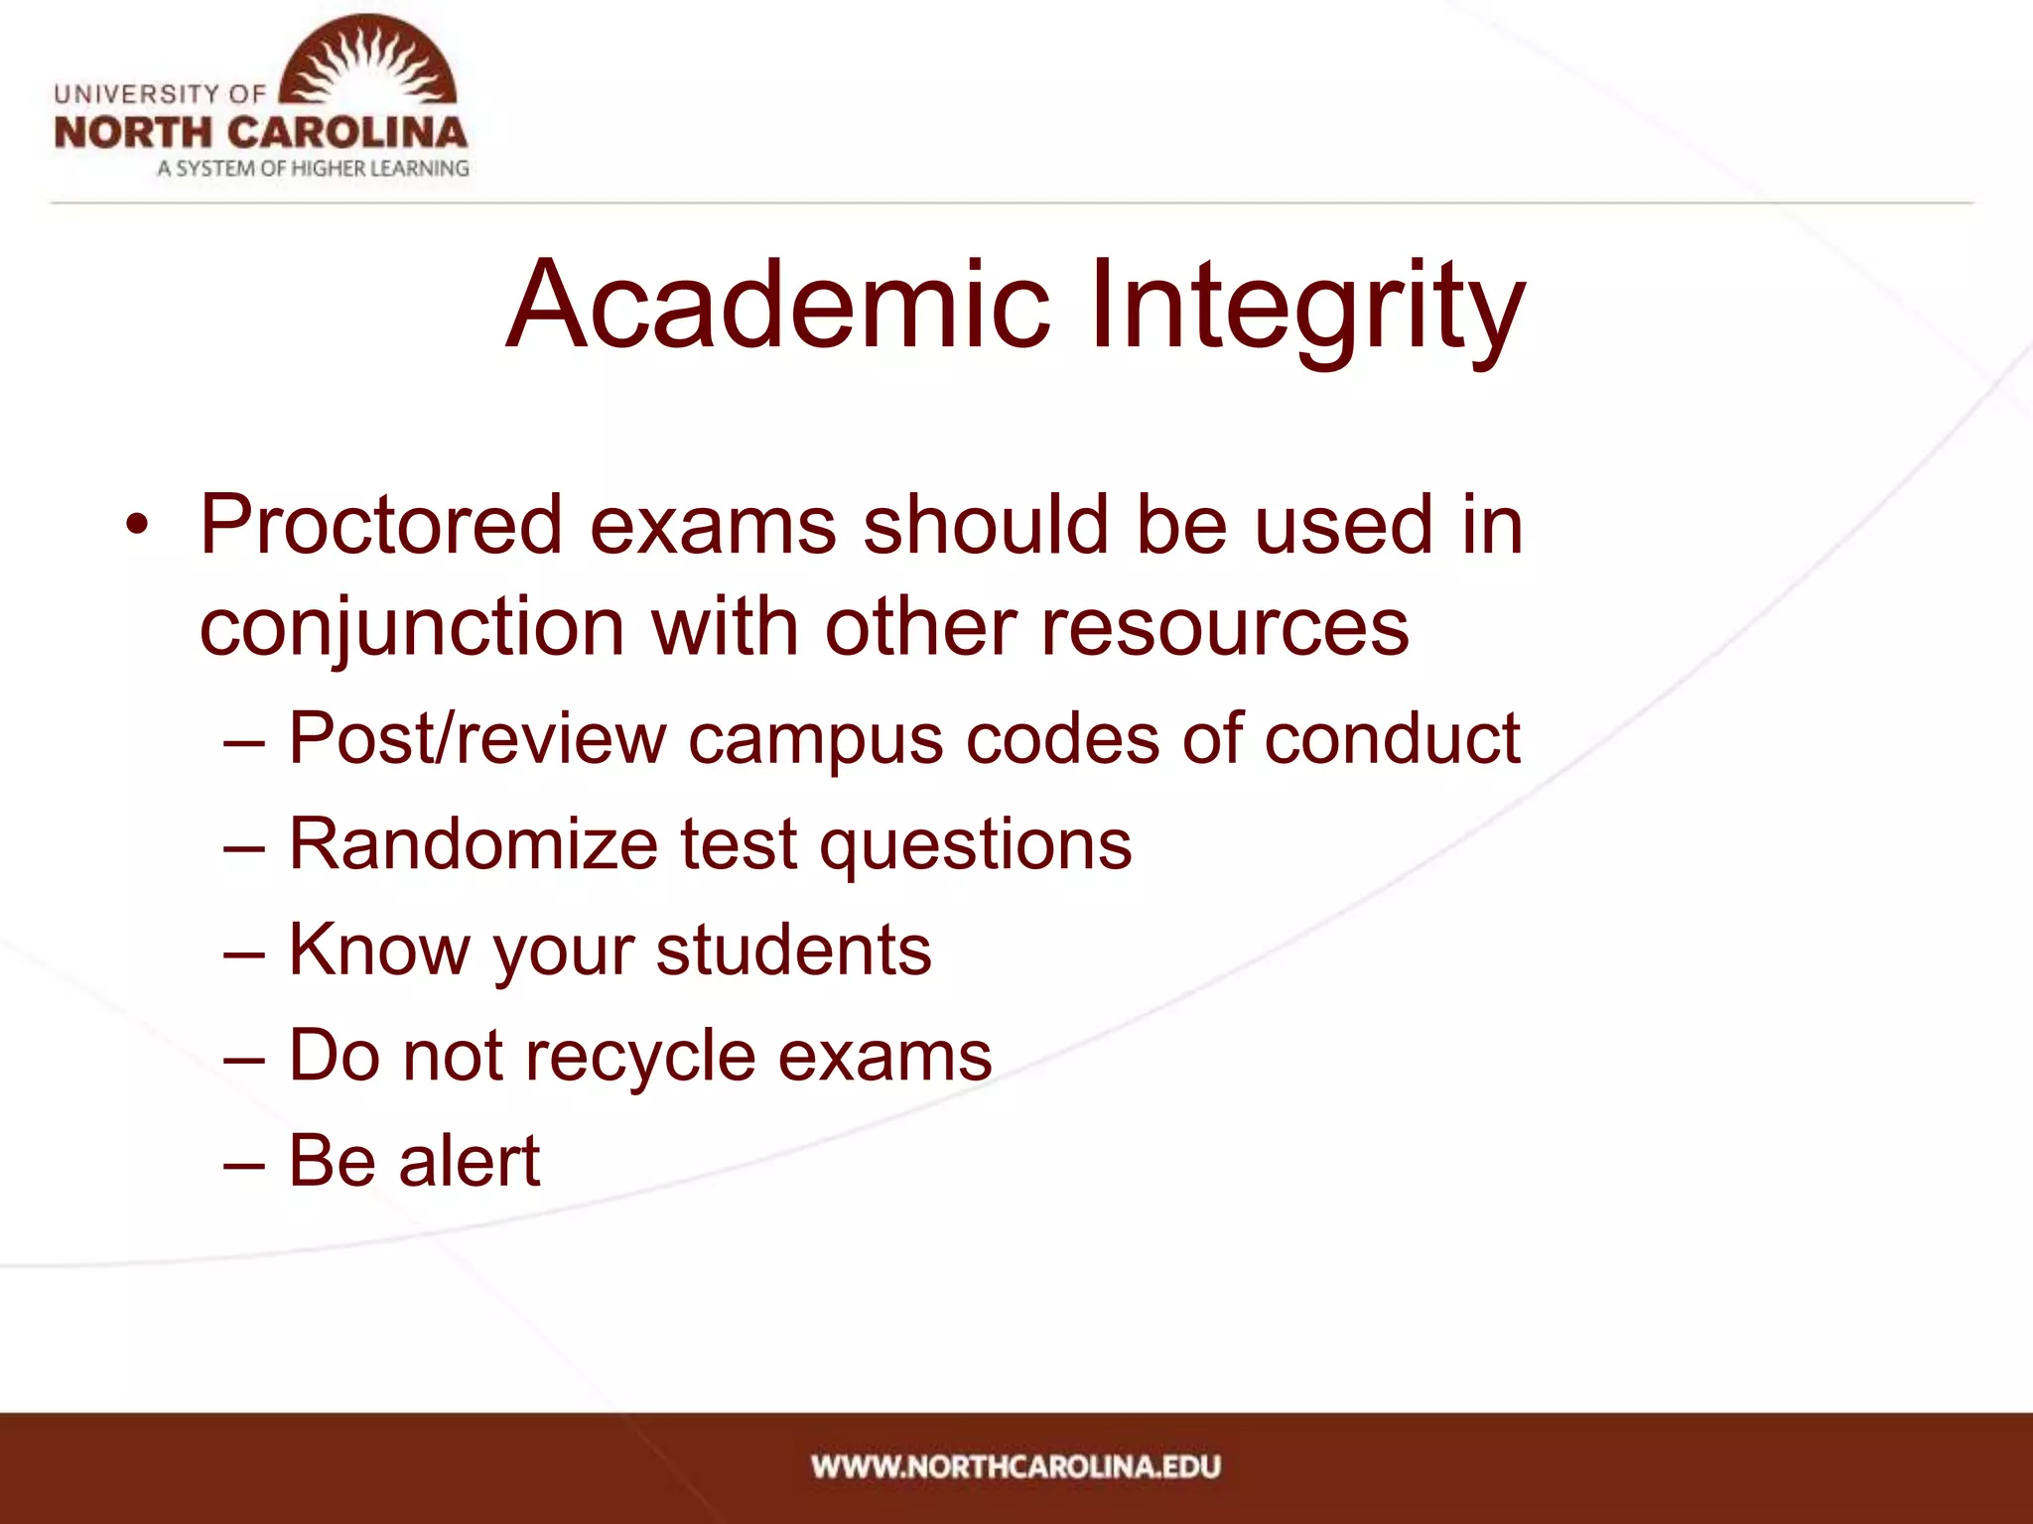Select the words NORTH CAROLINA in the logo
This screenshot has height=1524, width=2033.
[260, 133]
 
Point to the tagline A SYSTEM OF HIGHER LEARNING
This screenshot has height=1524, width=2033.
[313, 169]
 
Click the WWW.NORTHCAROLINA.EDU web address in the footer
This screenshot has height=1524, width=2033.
[1016, 1466]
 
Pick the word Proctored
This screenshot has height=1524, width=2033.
[381, 524]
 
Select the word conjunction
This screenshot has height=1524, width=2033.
[412, 629]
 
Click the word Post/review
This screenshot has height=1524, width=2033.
[477, 739]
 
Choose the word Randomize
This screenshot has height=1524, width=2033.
[474, 844]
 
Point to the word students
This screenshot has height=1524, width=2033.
[793, 950]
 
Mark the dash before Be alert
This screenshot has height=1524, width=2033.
[244, 1162]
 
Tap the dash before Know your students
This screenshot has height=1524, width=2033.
[244, 952]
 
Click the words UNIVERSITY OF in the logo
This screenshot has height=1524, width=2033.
[160, 94]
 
